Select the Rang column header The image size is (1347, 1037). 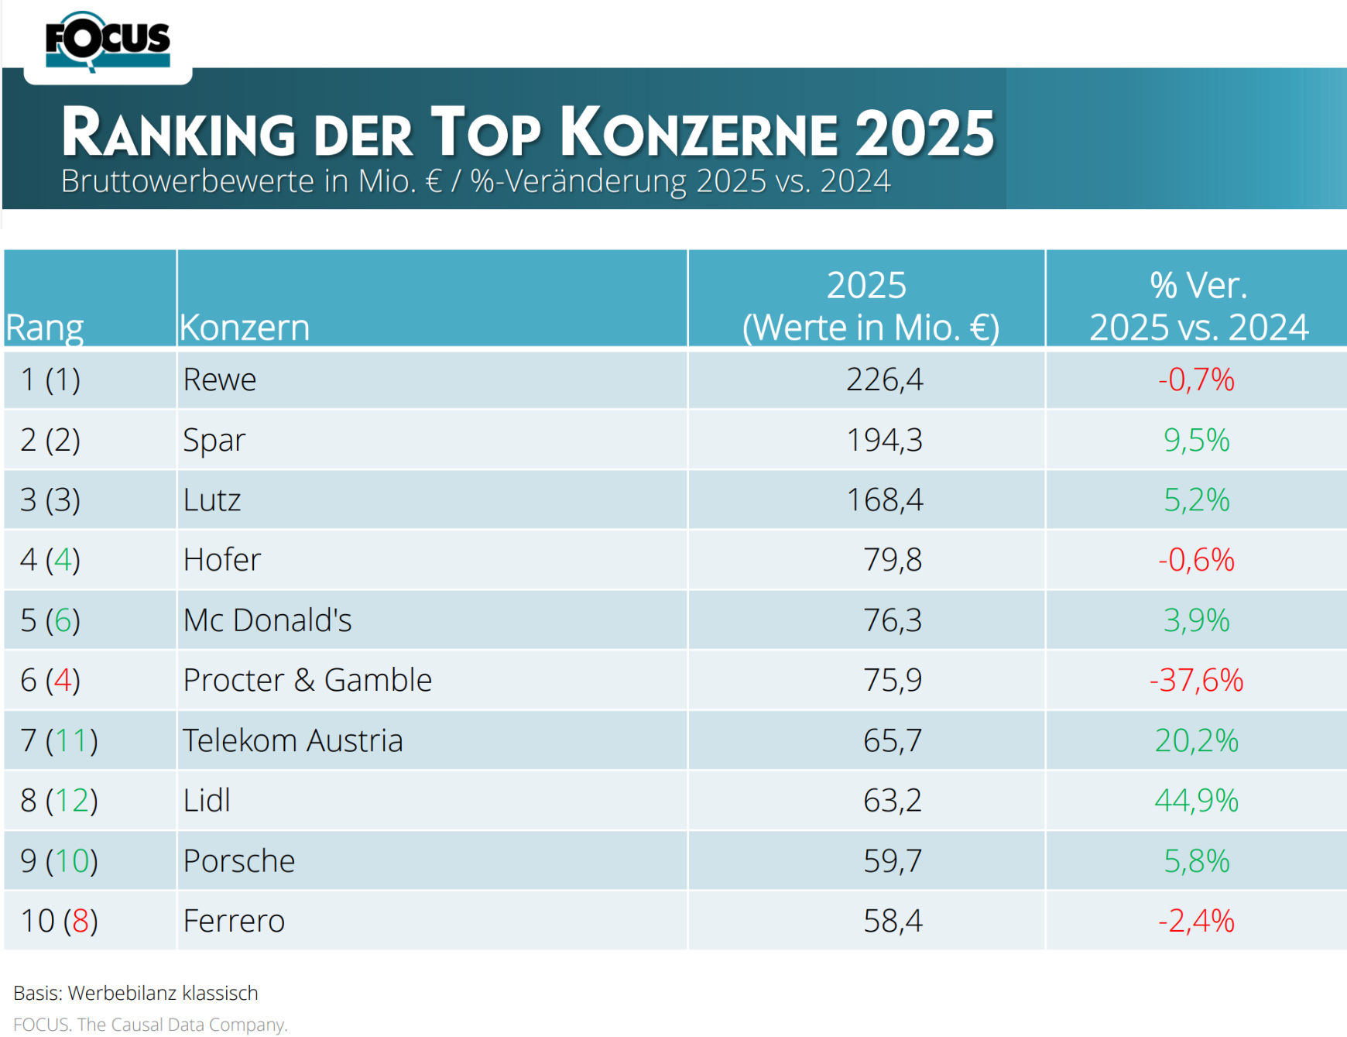(x=45, y=328)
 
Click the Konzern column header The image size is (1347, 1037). (x=245, y=328)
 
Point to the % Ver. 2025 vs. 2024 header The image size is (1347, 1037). (x=1198, y=307)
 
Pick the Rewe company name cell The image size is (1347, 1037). (x=220, y=380)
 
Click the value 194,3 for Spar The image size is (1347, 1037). (x=884, y=440)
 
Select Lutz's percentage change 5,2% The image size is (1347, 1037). (x=1196, y=500)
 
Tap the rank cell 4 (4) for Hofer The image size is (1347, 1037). (x=50, y=560)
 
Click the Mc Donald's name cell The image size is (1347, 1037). (x=267, y=620)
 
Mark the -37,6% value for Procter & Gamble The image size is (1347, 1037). (x=1196, y=681)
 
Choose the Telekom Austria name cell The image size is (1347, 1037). (x=293, y=741)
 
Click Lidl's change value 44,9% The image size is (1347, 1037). (x=1196, y=801)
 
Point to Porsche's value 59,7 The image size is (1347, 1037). (x=893, y=861)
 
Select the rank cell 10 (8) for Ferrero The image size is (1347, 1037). (x=60, y=922)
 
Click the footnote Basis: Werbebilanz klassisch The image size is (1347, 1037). (x=136, y=993)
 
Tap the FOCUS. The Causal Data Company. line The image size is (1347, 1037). (x=150, y=1025)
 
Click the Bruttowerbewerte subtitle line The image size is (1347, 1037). (x=475, y=181)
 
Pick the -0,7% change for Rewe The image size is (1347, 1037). (x=1196, y=380)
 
